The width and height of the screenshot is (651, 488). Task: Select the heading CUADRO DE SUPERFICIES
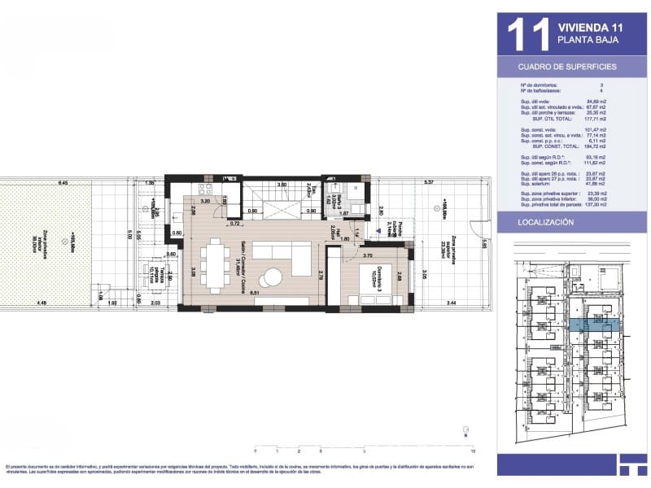pos(567,67)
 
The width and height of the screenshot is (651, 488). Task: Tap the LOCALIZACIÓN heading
pos(547,222)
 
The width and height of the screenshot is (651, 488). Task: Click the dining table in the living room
pos(217,264)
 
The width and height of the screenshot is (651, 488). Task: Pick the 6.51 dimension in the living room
pos(254,293)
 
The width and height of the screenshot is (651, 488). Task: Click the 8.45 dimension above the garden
pos(63,183)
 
